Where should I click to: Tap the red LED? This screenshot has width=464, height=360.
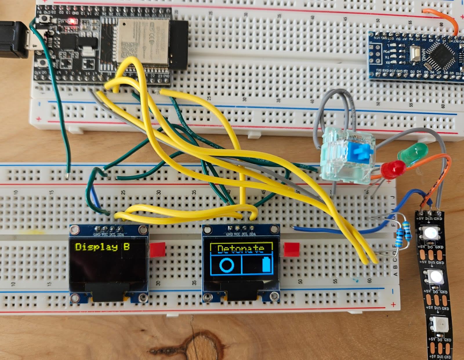(x=393, y=169)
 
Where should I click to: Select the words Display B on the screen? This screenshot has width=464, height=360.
(x=102, y=247)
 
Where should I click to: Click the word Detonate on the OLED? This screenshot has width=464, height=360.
(x=241, y=249)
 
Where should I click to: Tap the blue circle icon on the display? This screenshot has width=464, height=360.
(x=226, y=265)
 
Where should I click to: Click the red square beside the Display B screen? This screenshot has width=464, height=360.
(x=157, y=250)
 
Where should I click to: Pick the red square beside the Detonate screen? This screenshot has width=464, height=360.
(x=291, y=249)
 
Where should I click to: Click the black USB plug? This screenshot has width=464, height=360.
(x=13, y=39)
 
